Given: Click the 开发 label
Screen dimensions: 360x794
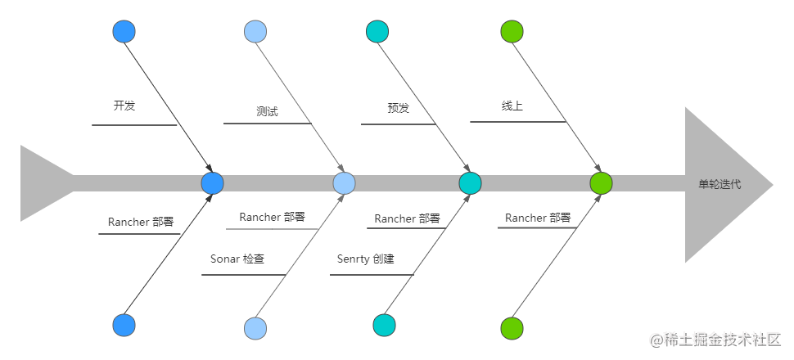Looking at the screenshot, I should tap(124, 106).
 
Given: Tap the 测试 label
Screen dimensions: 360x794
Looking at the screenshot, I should tap(267, 111).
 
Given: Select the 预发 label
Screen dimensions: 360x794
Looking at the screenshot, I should tap(398, 108).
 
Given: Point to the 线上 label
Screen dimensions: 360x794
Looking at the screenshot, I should tap(512, 106).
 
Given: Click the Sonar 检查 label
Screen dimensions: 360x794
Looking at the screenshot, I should tap(237, 259).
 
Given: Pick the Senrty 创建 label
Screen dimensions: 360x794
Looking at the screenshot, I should tap(365, 259).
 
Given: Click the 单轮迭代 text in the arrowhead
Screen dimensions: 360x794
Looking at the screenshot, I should tap(720, 184).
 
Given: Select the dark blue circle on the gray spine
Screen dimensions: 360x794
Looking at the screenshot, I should tap(212, 183).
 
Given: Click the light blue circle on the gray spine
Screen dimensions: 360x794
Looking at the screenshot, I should tap(344, 183).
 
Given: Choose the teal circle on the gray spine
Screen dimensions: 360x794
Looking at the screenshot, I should tap(470, 183).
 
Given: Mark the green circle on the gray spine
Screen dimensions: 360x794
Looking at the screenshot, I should tap(601, 183).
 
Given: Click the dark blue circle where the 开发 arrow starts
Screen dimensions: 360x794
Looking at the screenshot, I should tap(124, 32).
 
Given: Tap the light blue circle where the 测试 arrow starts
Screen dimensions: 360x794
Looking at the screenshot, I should tap(255, 32).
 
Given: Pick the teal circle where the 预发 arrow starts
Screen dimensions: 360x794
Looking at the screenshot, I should tap(377, 32).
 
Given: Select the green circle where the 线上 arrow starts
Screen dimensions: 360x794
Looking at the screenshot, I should tap(512, 32).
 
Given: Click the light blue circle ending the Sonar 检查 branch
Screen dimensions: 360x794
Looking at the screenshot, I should tap(255, 328).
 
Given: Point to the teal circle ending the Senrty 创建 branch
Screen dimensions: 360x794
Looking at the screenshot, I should tap(384, 326).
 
